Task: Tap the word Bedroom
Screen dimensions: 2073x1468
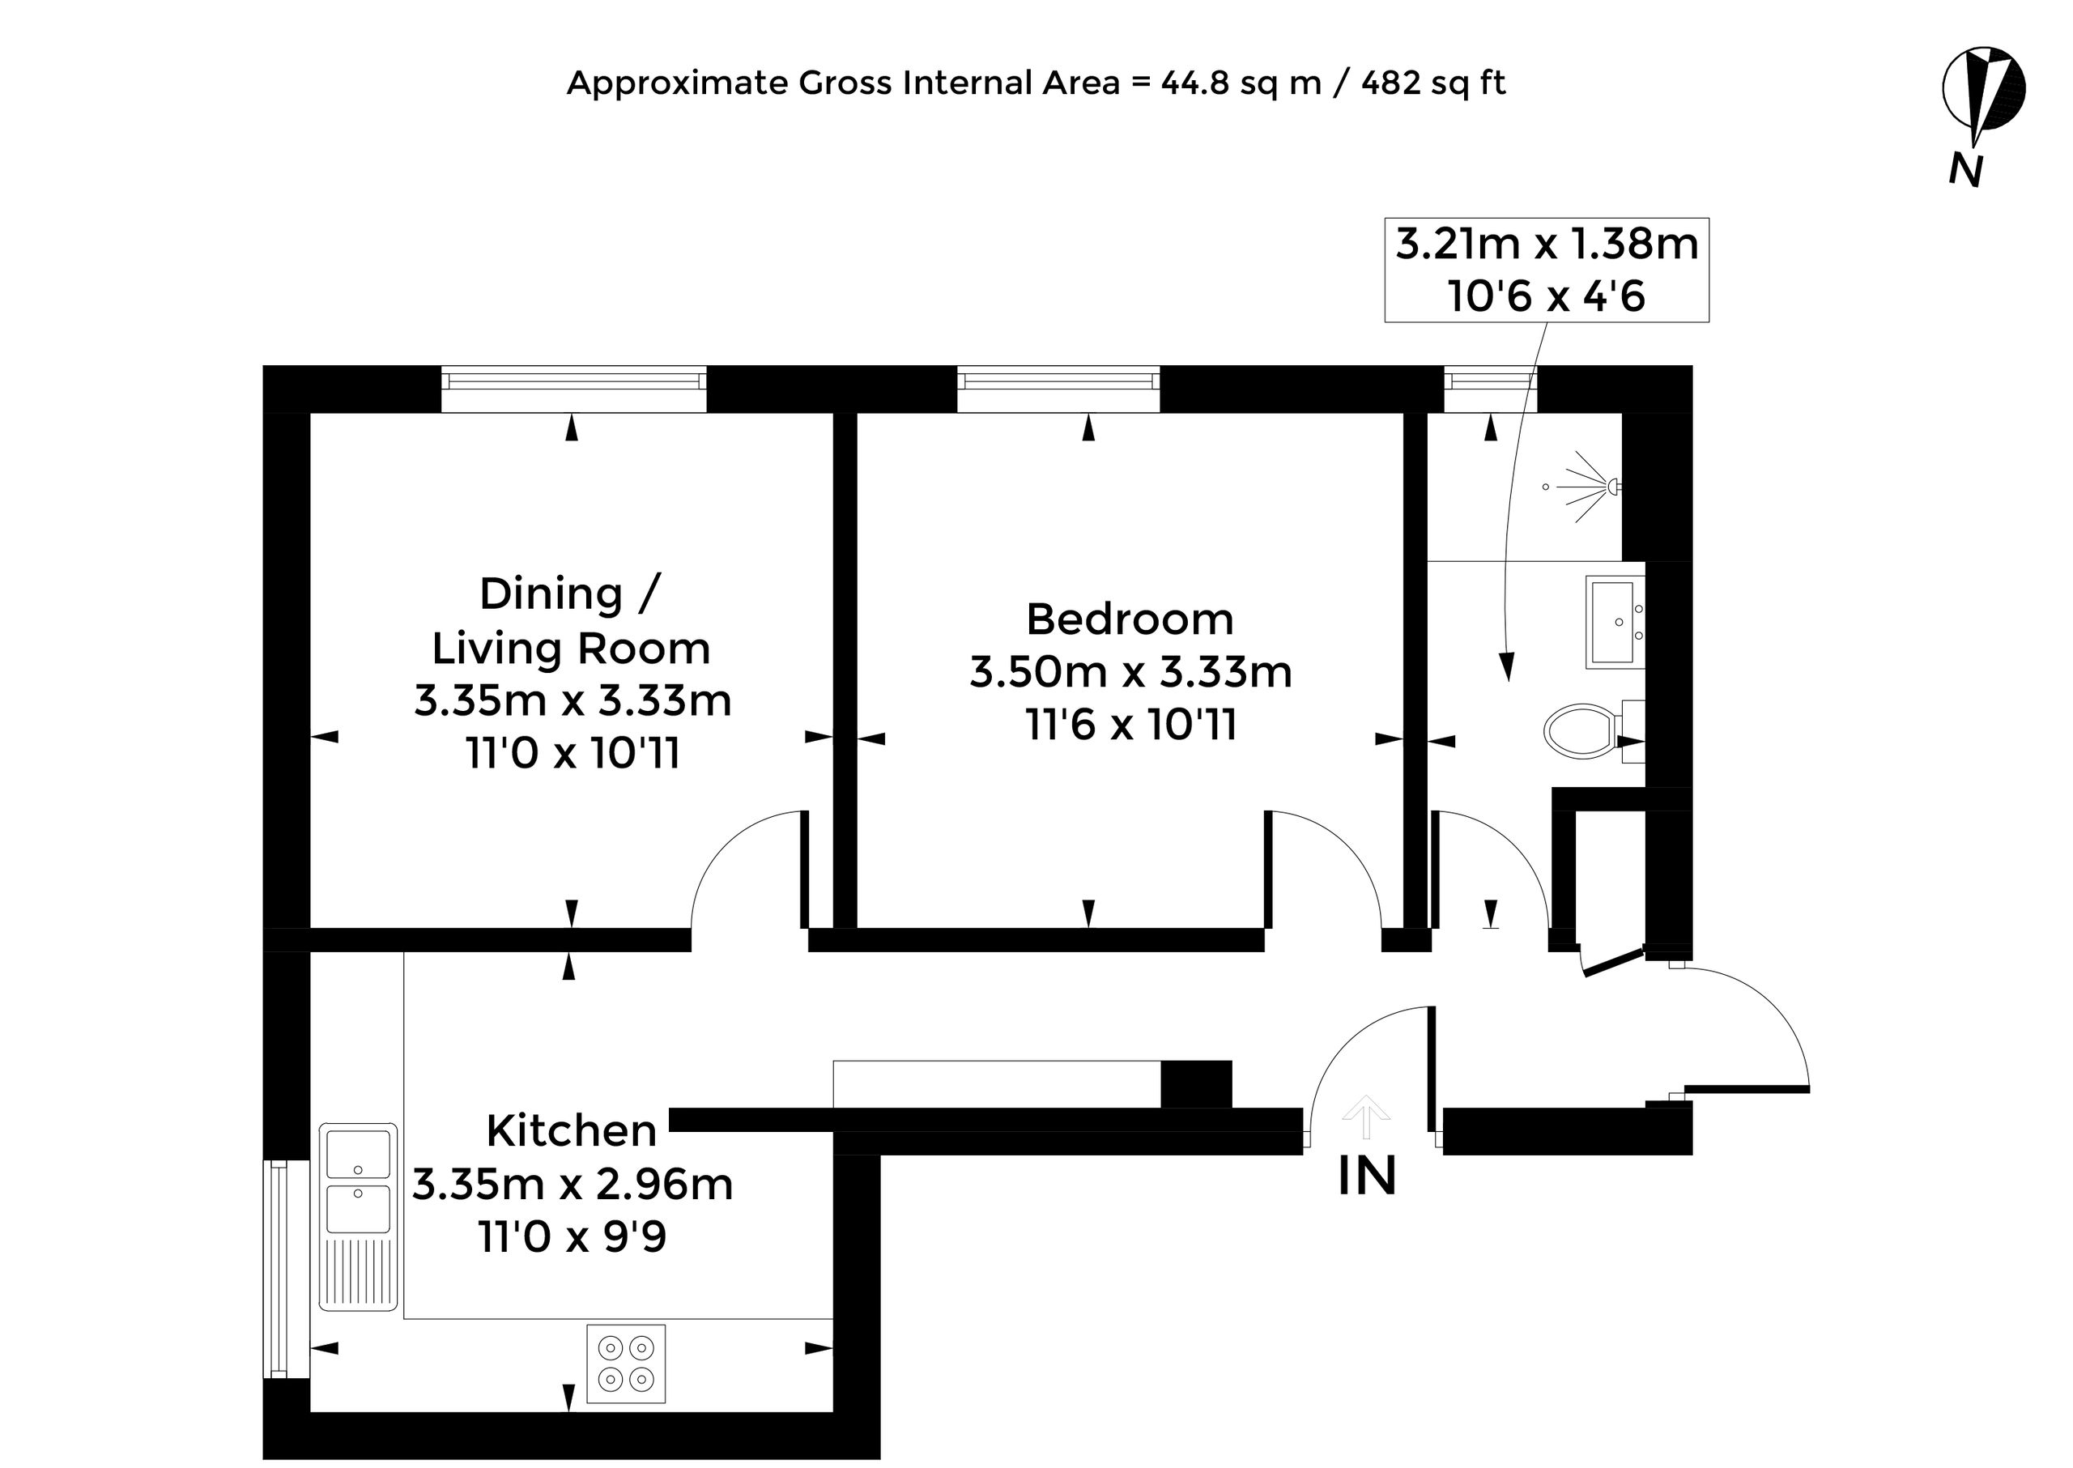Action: coord(1130,619)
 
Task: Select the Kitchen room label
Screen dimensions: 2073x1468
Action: coord(572,1131)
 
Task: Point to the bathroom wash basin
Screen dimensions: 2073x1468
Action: coord(1615,623)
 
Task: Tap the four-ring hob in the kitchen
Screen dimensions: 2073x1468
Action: coord(627,1364)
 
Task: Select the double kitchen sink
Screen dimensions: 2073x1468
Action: coord(358,1217)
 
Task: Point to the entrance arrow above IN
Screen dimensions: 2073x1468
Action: coord(1366,1117)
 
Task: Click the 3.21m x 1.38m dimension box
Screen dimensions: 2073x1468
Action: coord(1547,270)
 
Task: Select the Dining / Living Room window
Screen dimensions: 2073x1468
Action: coord(573,389)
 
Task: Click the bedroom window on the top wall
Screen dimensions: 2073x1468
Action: coord(1058,389)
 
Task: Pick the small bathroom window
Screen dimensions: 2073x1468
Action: coord(1490,389)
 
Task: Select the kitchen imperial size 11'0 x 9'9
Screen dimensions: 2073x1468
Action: coord(573,1236)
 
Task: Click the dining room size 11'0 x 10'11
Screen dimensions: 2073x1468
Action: coord(573,754)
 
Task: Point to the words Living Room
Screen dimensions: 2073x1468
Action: coord(572,648)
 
